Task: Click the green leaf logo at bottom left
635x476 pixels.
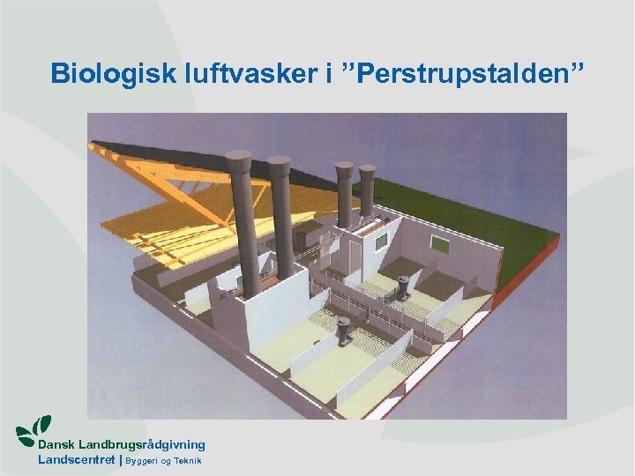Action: tap(34, 429)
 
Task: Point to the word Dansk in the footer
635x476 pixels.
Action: tap(56, 445)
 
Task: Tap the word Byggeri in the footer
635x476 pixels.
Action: tap(143, 461)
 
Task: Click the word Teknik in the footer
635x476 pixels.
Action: tap(187, 461)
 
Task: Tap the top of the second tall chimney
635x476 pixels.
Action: tap(279, 165)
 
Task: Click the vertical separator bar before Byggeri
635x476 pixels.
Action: tap(121, 460)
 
